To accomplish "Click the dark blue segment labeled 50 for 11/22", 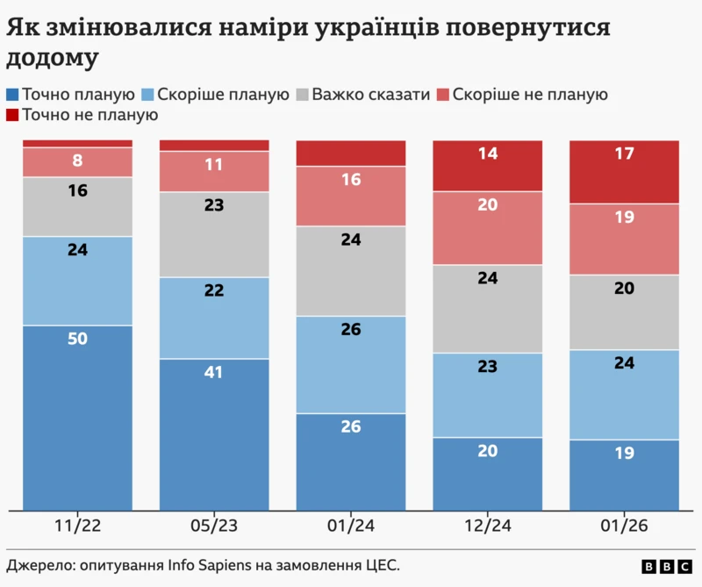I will coord(77,417).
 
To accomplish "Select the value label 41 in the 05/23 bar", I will coord(213,372).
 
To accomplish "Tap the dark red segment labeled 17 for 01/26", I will coord(625,172).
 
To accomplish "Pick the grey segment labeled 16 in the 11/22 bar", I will coord(77,206).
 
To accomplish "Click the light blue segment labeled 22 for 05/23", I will coord(213,318).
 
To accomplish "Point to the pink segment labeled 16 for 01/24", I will coord(351,196).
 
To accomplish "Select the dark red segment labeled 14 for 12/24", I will coord(488,166).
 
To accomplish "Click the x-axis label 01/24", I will coord(351,526).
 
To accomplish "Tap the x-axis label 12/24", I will coord(488,526).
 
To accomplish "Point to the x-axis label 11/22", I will coord(77,526).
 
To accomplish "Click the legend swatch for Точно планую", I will coord(12,94).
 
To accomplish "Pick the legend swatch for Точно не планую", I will coord(12,115).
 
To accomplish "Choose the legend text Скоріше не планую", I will coord(530,94).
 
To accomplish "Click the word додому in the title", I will coord(53,59).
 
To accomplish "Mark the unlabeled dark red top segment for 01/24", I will coord(351,153).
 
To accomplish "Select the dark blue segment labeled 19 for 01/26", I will coord(625,474).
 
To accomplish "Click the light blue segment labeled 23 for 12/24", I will coord(488,395).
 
